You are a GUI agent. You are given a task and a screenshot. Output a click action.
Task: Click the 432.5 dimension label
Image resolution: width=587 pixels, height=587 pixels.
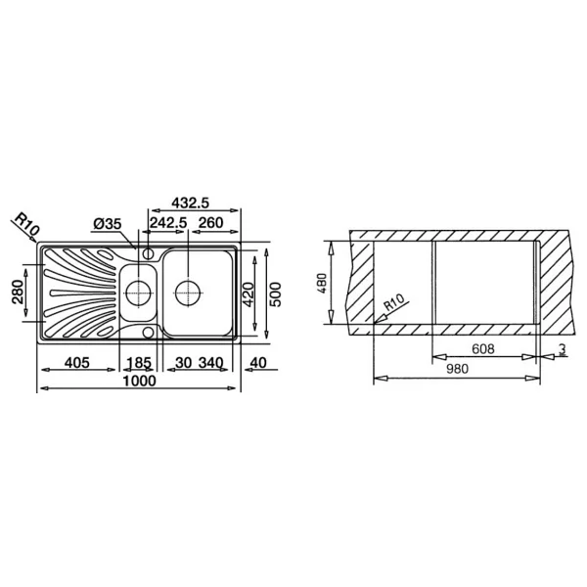coord(190,203)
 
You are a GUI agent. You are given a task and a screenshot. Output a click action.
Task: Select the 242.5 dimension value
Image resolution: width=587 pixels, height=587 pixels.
coord(168,223)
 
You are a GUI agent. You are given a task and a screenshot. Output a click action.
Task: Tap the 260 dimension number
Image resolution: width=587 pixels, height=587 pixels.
coord(210,223)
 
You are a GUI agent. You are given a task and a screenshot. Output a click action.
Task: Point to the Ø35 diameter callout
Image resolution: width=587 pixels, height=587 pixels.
coord(108,224)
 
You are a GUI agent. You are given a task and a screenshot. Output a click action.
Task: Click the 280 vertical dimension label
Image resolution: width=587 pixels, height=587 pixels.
coord(18,292)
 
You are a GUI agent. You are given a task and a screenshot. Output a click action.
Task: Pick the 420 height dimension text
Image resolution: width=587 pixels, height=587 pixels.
coord(248,294)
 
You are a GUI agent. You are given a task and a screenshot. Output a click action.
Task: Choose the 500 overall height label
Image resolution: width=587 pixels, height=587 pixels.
coord(275,294)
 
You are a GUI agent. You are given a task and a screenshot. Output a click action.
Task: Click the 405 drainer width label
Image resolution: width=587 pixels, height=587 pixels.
coord(77,362)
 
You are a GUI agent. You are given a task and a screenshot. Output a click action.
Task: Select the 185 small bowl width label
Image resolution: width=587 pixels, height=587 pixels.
coord(139,363)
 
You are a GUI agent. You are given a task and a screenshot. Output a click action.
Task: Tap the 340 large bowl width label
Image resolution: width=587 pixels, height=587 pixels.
coord(210,362)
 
